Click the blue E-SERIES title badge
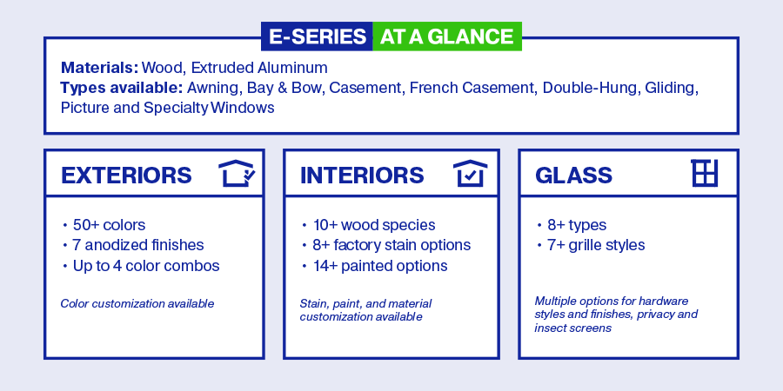tap(317, 36)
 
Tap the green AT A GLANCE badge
tap(447, 36)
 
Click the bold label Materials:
tap(99, 67)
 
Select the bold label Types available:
tap(122, 88)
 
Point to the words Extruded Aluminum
tap(259, 67)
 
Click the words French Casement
tap(472, 88)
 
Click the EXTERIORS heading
tap(126, 176)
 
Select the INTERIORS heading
tap(362, 176)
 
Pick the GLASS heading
tap(574, 176)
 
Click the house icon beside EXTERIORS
tap(238, 173)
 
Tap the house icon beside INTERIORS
tap(471, 173)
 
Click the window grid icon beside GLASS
tap(705, 173)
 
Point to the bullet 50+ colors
tap(110, 225)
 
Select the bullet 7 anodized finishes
tap(138, 245)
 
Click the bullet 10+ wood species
tap(374, 225)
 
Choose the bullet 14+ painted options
tap(380, 266)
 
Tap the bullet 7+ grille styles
tap(596, 245)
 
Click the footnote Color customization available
tap(137, 304)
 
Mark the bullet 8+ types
tap(578, 225)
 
